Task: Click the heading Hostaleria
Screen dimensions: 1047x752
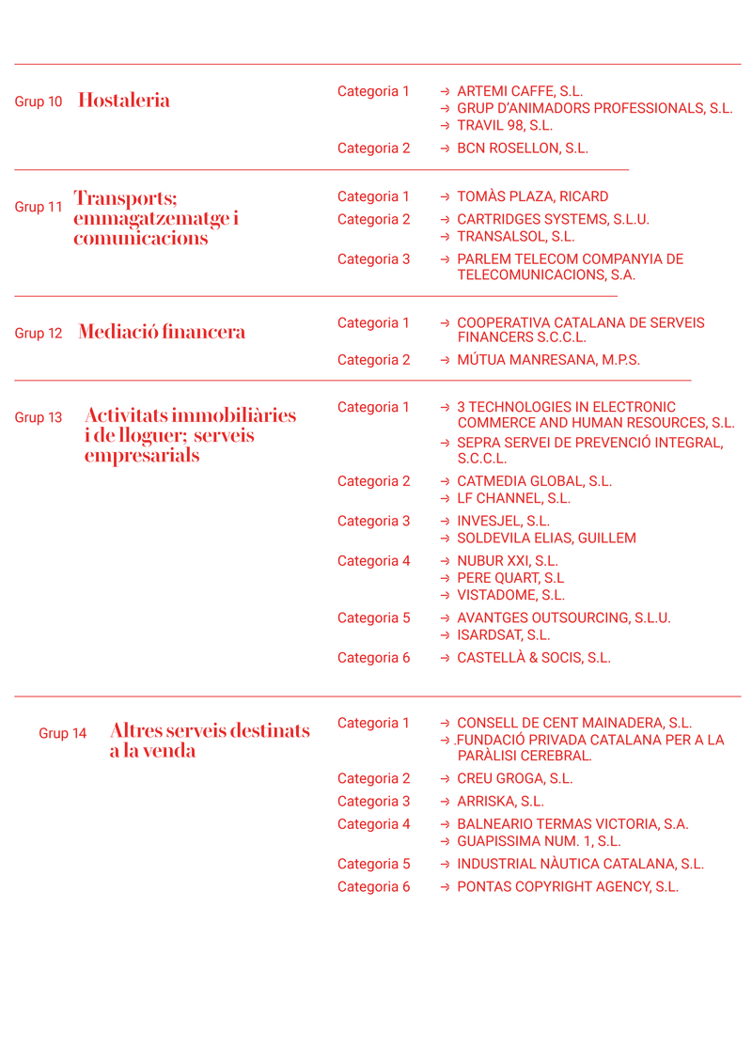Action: pyautogui.click(x=124, y=101)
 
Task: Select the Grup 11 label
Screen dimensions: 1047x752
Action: pyautogui.click(x=39, y=207)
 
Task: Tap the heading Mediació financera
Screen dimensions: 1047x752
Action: pyautogui.click(x=162, y=332)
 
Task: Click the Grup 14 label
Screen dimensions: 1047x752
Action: pyautogui.click(x=63, y=733)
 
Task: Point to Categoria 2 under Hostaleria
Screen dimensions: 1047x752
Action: pyautogui.click(x=373, y=148)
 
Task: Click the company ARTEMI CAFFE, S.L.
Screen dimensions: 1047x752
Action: pyautogui.click(x=520, y=92)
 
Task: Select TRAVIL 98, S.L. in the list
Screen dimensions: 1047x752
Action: pyautogui.click(x=505, y=126)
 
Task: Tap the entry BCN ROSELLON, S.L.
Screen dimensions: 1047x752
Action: pyautogui.click(x=523, y=148)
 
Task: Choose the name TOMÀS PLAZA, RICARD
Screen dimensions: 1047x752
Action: pyautogui.click(x=532, y=197)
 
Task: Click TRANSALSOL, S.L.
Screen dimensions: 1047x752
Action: pyautogui.click(x=515, y=237)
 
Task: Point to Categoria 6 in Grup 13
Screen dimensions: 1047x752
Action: pyautogui.click(x=373, y=658)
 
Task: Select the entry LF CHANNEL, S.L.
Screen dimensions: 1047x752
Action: pyautogui.click(x=513, y=499)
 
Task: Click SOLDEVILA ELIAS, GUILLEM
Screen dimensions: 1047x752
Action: pyautogui.click(x=546, y=539)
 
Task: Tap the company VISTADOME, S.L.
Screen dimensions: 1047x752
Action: pyautogui.click(x=510, y=595)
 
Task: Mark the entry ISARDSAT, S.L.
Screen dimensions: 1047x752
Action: pyautogui.click(x=504, y=635)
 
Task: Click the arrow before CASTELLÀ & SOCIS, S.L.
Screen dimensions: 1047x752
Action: pyautogui.click(x=445, y=658)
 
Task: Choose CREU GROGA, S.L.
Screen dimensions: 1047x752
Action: pyautogui.click(x=514, y=779)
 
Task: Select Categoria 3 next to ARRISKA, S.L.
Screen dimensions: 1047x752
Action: pyautogui.click(x=373, y=802)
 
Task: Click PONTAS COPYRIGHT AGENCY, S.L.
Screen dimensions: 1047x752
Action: pyautogui.click(x=567, y=887)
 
